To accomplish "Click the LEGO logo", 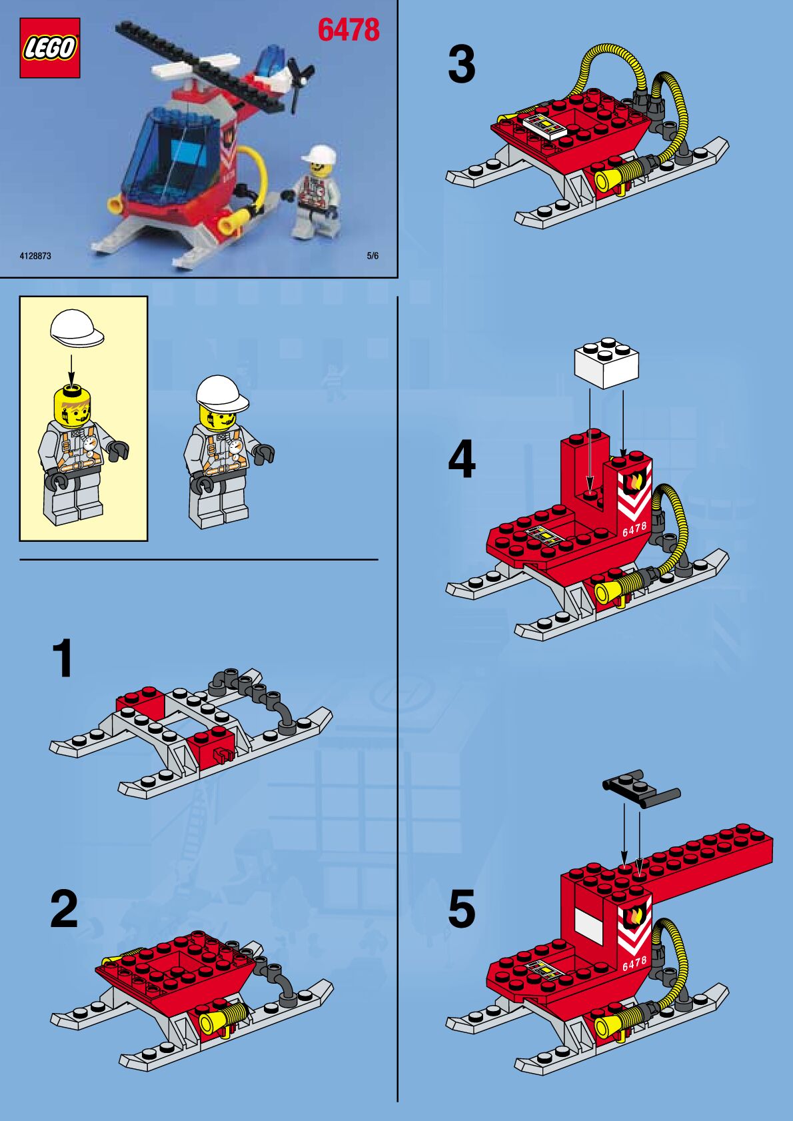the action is [x=49, y=48].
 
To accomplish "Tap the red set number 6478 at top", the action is [x=349, y=30].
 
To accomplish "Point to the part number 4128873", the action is [x=35, y=256].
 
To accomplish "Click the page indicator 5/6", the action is [x=373, y=256].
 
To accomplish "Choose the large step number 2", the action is [x=64, y=908].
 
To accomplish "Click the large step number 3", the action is [x=461, y=65].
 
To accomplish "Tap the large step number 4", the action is [x=461, y=459].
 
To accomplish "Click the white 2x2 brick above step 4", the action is [x=606, y=363].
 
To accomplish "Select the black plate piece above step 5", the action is [x=641, y=788].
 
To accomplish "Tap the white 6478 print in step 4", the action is [x=634, y=529].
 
